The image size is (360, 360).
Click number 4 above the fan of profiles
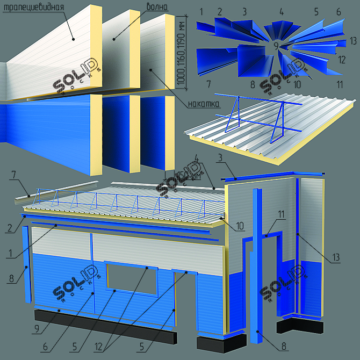click(x=282, y=11)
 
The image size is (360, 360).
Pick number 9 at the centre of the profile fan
click(x=276, y=46)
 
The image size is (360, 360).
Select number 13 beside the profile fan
click(x=353, y=40)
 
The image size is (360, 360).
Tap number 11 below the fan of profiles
click(x=339, y=84)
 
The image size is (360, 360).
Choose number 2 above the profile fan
click(x=220, y=11)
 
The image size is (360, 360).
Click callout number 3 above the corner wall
click(x=220, y=157)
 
